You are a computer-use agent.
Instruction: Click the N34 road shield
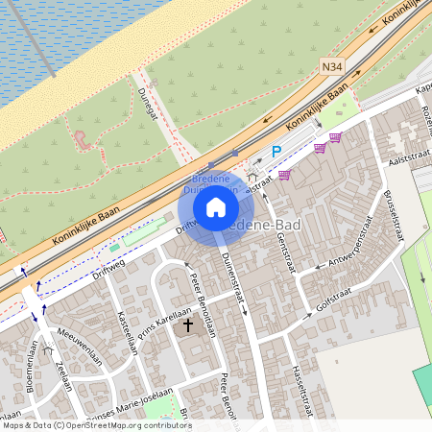pos(332,66)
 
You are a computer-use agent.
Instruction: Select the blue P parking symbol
pos(276,151)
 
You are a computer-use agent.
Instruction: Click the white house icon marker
pos(216,207)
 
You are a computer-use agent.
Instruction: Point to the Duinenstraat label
pos(236,278)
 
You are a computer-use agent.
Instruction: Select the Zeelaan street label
pos(63,374)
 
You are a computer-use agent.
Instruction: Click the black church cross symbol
pos(188,326)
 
